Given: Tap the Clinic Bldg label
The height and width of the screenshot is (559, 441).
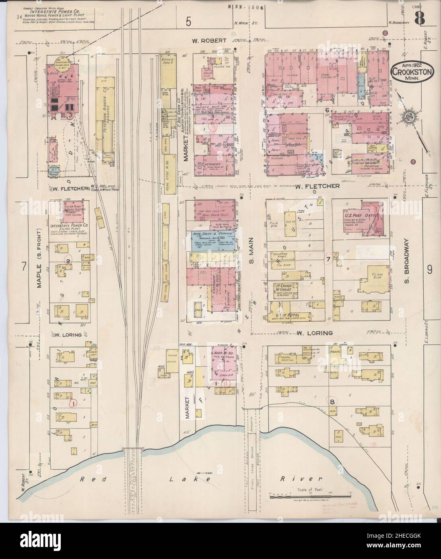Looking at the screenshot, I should tap(373, 271).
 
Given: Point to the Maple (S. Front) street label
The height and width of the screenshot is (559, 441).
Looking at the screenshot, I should tap(39, 258).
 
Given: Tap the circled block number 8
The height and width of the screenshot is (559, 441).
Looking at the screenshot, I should tap(333, 401).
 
